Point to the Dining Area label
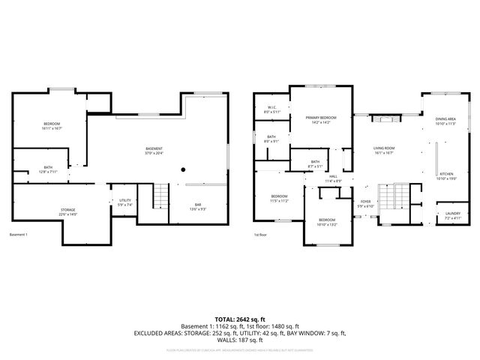pyautogui.click(x=445, y=121)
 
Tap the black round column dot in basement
pyautogui.click(x=183, y=170)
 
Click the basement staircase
pyautogui.click(x=160, y=198)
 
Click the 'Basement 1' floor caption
pyautogui.click(x=19, y=235)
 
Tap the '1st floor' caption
pyautogui.click(x=259, y=235)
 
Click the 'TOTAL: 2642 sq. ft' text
pyautogui.click(x=239, y=319)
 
